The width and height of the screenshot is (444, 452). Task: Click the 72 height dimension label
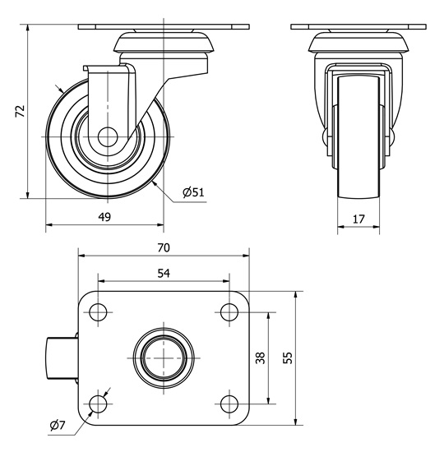click(x=21, y=111)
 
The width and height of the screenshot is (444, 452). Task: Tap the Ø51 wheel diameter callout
click(x=193, y=192)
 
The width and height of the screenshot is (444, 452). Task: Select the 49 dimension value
click(x=104, y=217)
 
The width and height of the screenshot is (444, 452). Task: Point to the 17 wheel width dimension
click(x=358, y=219)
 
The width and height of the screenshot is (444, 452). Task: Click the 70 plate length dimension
click(x=164, y=247)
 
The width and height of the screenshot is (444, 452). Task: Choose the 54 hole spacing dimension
click(x=164, y=273)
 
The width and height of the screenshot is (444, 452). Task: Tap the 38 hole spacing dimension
click(x=261, y=357)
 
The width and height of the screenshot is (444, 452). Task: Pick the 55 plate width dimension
click(x=287, y=357)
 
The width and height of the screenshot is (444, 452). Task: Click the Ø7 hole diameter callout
click(x=58, y=425)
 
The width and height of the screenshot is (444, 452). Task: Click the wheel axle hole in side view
click(x=108, y=136)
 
